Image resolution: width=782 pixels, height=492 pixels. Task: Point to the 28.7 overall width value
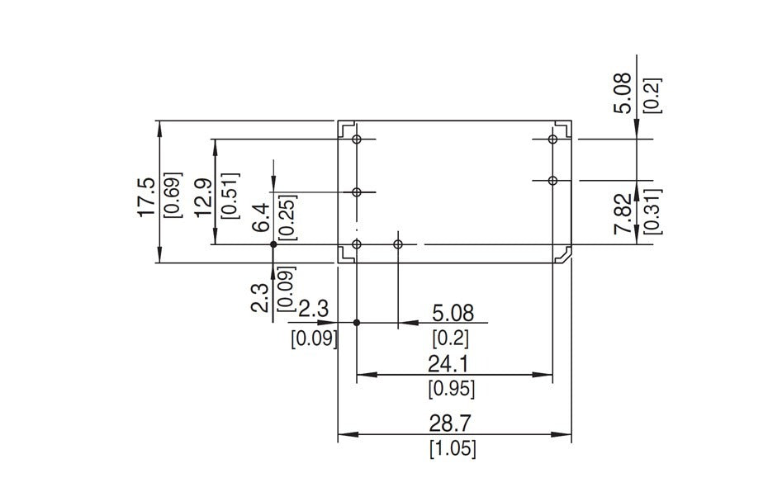[451, 423]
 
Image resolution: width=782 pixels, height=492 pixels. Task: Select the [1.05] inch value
[453, 450]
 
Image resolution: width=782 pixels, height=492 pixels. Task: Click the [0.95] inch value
[451, 388]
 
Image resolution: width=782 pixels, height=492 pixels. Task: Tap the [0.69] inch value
[173, 196]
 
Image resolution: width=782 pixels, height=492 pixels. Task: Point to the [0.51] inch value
[230, 196]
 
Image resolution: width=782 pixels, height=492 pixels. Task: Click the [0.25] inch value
[287, 216]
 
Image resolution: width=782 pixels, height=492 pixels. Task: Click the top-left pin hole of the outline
[357, 140]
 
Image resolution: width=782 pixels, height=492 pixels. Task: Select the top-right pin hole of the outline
[553, 140]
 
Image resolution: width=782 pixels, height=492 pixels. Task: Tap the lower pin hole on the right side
[553, 180]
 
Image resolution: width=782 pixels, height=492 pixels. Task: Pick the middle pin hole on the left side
[357, 192]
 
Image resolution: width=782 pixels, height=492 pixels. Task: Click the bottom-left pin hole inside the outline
[357, 244]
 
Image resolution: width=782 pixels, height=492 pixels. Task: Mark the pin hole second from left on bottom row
[398, 244]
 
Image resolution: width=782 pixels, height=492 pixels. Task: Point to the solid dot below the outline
[357, 322]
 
